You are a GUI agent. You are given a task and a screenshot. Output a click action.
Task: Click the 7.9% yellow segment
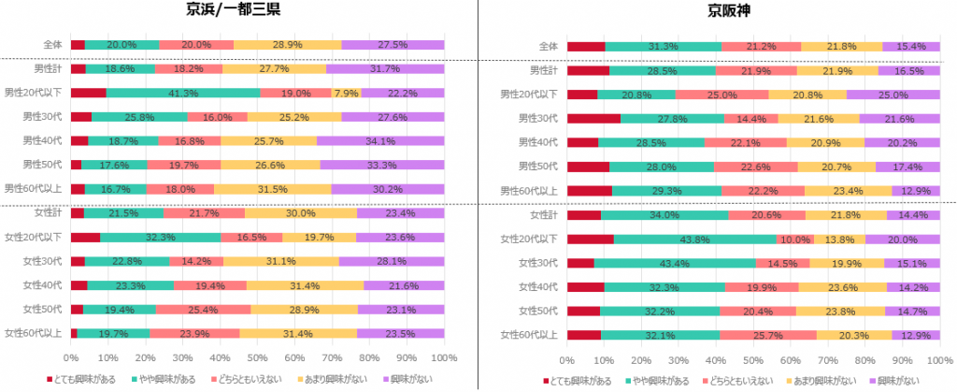pos(347,93)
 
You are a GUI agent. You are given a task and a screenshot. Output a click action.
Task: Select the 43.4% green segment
pos(675,262)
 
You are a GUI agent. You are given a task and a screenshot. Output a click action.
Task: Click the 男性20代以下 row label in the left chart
pos(34,93)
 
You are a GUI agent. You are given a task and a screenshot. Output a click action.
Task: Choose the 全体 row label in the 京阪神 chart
pos(549,45)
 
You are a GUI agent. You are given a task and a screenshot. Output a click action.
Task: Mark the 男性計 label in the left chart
pos(48,68)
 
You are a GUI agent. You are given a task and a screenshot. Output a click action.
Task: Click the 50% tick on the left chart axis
pos(258,357)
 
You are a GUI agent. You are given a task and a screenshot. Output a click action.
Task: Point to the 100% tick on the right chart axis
pos(939,357)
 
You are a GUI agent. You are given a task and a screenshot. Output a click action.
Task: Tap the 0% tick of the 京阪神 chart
pos(567,357)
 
